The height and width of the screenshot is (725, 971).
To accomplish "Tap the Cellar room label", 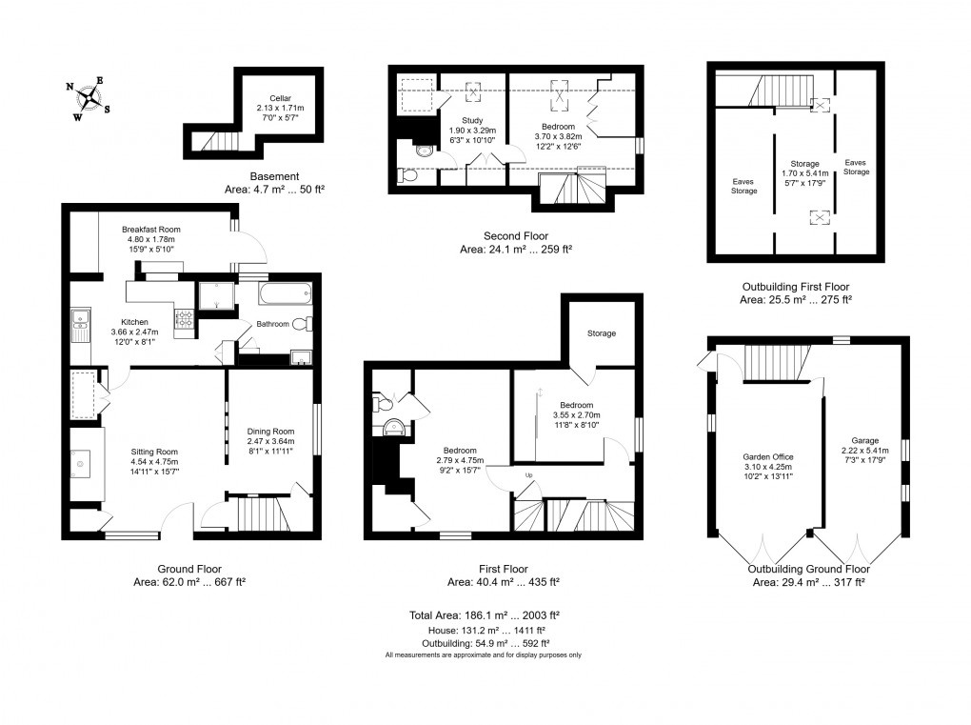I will [x=280, y=98].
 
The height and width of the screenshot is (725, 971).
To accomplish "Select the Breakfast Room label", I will [x=150, y=230].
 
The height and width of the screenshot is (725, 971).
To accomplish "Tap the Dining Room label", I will [x=271, y=431].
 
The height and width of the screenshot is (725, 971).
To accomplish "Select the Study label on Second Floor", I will [x=472, y=120].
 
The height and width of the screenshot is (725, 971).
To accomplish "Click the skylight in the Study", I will [x=472, y=93].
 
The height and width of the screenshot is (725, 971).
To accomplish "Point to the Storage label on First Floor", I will [x=601, y=333].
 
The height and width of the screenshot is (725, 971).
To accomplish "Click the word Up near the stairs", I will [x=529, y=474].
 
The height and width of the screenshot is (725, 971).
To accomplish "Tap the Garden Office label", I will [x=766, y=456].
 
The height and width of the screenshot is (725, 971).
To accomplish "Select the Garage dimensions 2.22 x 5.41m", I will [x=864, y=451].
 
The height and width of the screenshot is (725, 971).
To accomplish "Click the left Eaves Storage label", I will [x=744, y=186].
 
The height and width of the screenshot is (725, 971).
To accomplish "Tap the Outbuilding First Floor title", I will [x=795, y=286].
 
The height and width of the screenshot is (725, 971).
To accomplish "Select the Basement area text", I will [x=276, y=190].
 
